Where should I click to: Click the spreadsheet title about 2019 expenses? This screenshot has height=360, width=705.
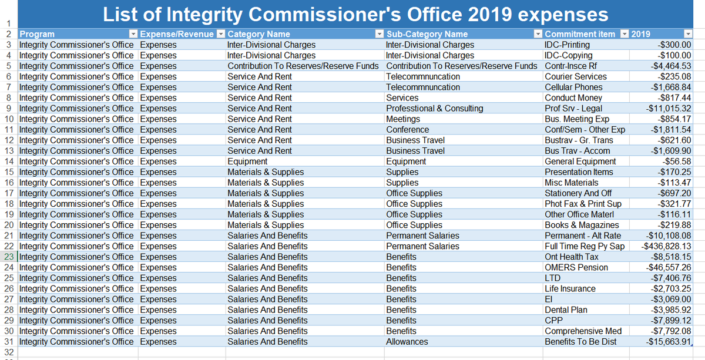[x=355, y=14]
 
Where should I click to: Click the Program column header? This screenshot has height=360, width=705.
[x=37, y=34]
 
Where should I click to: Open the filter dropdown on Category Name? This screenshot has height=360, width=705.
[x=378, y=34]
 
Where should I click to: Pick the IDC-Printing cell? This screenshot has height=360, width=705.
[x=567, y=45]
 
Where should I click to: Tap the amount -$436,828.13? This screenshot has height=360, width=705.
[x=667, y=246]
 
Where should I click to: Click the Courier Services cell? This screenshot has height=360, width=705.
[x=576, y=76]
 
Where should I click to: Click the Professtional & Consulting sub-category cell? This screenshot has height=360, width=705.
[x=434, y=108]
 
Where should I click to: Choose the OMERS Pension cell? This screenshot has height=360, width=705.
[x=576, y=267]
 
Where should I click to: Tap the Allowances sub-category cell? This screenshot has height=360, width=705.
[x=407, y=341]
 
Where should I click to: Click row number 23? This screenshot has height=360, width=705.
[x=9, y=257]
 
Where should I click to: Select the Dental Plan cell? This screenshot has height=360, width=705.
[x=566, y=309]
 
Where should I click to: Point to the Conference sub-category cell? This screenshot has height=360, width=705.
[x=407, y=129]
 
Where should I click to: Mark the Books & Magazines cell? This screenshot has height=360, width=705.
[x=582, y=225]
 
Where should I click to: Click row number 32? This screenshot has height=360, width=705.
[x=9, y=352]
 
